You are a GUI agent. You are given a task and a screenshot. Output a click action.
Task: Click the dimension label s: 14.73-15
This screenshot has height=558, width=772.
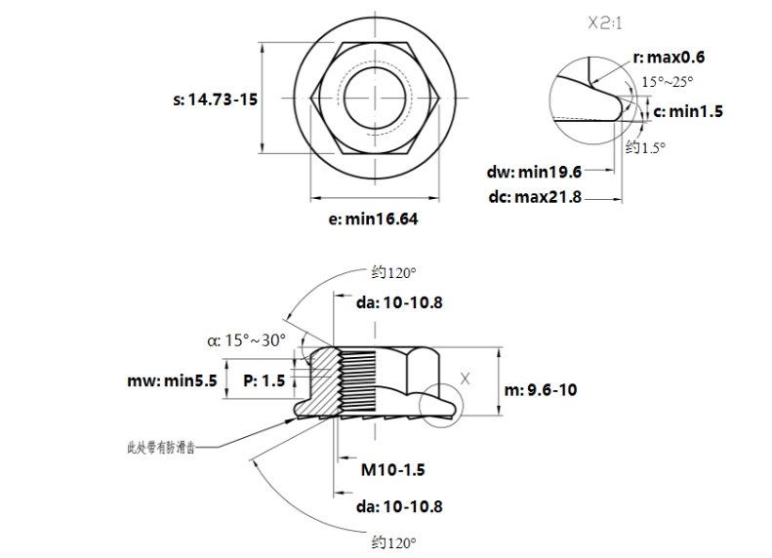coord(216,100)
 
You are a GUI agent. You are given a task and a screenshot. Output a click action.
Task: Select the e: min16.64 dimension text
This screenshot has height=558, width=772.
coord(373,219)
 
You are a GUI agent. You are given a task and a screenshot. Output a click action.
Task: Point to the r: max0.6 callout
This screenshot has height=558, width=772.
coord(669,58)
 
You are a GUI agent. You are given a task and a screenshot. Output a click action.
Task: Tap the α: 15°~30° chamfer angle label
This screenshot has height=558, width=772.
coord(247,340)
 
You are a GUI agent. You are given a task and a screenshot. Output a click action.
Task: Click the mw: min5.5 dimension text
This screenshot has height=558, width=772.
coord(172,380)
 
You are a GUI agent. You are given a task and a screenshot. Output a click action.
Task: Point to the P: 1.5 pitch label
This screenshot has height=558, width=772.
coord(264,380)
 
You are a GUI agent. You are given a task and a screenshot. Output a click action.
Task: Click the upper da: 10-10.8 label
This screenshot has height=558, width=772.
coord(399,302)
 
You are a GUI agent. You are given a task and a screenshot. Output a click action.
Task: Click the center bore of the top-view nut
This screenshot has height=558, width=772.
coord(374,98)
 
